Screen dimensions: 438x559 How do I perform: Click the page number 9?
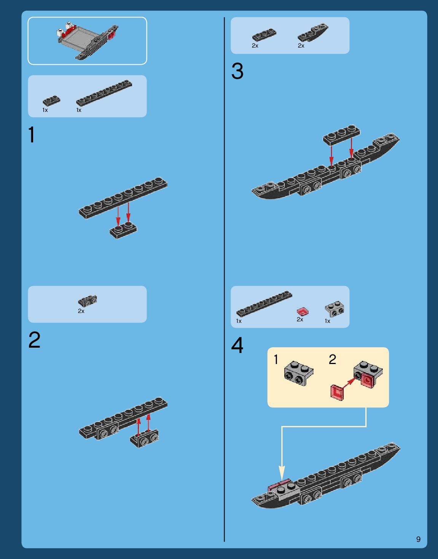(418, 539)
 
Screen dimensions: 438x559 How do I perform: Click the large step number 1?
(32, 134)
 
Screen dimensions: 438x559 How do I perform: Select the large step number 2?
(35, 340)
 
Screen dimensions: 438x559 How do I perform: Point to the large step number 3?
(237, 71)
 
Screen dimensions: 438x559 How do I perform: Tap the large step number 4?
(237, 345)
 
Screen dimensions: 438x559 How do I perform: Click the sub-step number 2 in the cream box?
(332, 359)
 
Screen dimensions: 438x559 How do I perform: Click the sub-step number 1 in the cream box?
(276, 359)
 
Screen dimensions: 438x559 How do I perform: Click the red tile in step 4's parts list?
(303, 311)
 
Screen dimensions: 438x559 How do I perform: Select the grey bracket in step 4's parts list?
(334, 310)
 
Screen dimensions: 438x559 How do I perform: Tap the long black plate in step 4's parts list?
(264, 303)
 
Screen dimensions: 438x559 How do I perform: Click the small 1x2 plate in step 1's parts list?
(51, 101)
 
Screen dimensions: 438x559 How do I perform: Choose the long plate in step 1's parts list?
(104, 93)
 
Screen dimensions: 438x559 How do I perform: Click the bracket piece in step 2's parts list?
(88, 301)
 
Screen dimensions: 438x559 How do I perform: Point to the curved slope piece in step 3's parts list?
(313, 33)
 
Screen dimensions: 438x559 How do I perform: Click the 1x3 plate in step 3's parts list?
(264, 35)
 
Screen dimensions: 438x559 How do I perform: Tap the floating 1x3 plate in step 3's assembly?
(342, 134)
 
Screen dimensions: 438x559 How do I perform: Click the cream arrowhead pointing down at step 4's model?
(282, 473)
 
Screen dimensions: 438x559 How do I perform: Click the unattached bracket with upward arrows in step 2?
(145, 438)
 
